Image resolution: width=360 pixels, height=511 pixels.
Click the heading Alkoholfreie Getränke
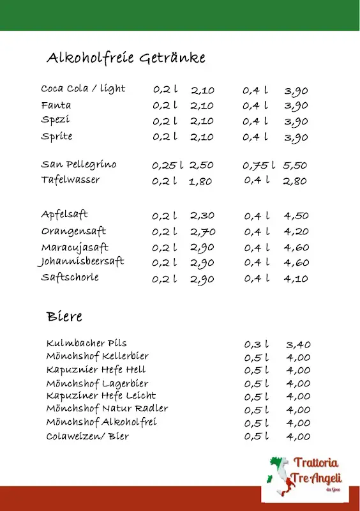[x=126, y=58]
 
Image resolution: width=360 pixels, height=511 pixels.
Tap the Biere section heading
[x=64, y=316]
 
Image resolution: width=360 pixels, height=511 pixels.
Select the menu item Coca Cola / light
[x=83, y=89]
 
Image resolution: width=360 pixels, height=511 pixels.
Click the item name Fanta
[x=56, y=105]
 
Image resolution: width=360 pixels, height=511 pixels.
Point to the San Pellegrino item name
[x=79, y=165]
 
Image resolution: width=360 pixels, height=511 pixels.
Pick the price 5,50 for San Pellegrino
[x=295, y=165]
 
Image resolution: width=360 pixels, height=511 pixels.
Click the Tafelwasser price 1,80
[x=200, y=181]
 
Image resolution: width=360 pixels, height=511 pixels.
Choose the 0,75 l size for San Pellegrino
[x=259, y=165]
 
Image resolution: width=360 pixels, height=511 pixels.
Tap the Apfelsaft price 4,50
[x=296, y=216]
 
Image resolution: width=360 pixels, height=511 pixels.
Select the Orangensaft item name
[x=73, y=231]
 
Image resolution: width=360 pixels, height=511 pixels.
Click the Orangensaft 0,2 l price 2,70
[x=202, y=232]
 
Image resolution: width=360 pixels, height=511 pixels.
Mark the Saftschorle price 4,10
[x=296, y=278]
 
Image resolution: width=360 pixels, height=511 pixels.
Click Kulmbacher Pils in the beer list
[x=86, y=344]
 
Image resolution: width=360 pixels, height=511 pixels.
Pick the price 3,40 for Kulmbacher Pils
[x=299, y=345]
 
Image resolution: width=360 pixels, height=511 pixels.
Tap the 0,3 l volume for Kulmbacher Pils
[x=257, y=345]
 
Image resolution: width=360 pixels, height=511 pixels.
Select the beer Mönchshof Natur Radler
[x=107, y=409]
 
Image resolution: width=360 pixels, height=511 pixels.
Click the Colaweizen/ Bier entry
[x=87, y=436]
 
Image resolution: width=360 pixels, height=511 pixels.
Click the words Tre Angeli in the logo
[x=317, y=478]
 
